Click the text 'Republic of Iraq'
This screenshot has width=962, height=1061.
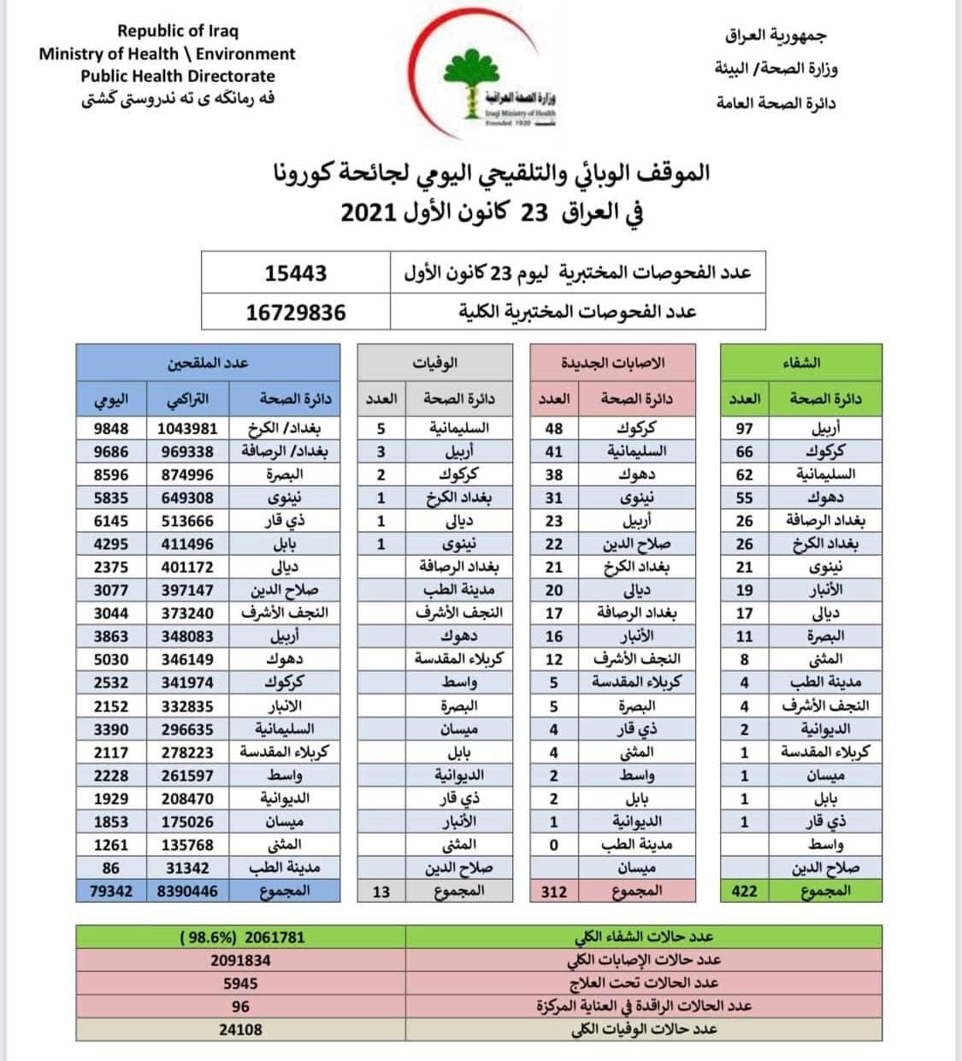pyautogui.click(x=178, y=31)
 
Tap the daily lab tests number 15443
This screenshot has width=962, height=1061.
pyautogui.click(x=296, y=273)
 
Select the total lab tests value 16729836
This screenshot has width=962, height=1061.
pyautogui.click(x=296, y=312)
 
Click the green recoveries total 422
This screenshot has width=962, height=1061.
pyautogui.click(x=744, y=891)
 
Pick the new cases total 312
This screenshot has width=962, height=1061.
pyautogui.click(x=554, y=891)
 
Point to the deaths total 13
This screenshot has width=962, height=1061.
pyautogui.click(x=381, y=891)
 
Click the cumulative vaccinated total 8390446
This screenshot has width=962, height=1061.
pyautogui.click(x=188, y=891)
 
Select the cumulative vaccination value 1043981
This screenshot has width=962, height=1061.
pyautogui.click(x=188, y=428)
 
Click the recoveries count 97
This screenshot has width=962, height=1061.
pyautogui.click(x=744, y=428)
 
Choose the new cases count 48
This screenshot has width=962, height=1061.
pyautogui.click(x=554, y=428)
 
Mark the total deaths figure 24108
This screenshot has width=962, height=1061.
pyautogui.click(x=240, y=1029)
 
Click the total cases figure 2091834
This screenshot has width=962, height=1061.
pyautogui.click(x=240, y=960)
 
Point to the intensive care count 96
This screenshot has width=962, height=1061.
pyautogui.click(x=240, y=1006)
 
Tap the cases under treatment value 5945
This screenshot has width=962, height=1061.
pyautogui.click(x=240, y=983)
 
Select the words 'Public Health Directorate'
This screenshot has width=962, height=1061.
pyautogui.click(x=178, y=75)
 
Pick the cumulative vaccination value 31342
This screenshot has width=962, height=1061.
pyautogui.click(x=188, y=868)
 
